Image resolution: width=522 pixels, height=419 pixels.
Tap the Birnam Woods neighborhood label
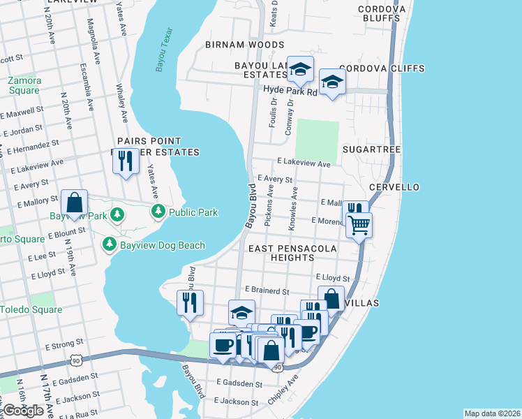[x=244, y=45]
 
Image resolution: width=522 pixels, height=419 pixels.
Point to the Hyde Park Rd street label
[x=290, y=91]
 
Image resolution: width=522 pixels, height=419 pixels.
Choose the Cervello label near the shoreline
[x=394, y=187]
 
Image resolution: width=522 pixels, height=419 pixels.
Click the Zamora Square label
[x=24, y=85]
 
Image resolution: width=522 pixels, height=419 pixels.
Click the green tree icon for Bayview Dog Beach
[x=109, y=244]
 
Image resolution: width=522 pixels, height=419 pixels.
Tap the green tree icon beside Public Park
[x=158, y=212]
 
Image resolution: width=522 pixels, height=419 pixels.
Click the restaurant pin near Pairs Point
[x=126, y=162]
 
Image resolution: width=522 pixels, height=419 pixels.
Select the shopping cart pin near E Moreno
[x=359, y=225]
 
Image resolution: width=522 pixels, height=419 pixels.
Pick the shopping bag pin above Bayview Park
[x=74, y=203]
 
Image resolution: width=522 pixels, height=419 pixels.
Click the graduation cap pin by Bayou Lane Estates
[x=300, y=69]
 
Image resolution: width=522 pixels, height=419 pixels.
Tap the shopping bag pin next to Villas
[x=331, y=299]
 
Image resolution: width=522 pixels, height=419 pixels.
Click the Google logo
[x=24, y=411]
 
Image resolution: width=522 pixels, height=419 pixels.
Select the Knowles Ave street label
[x=294, y=207]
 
